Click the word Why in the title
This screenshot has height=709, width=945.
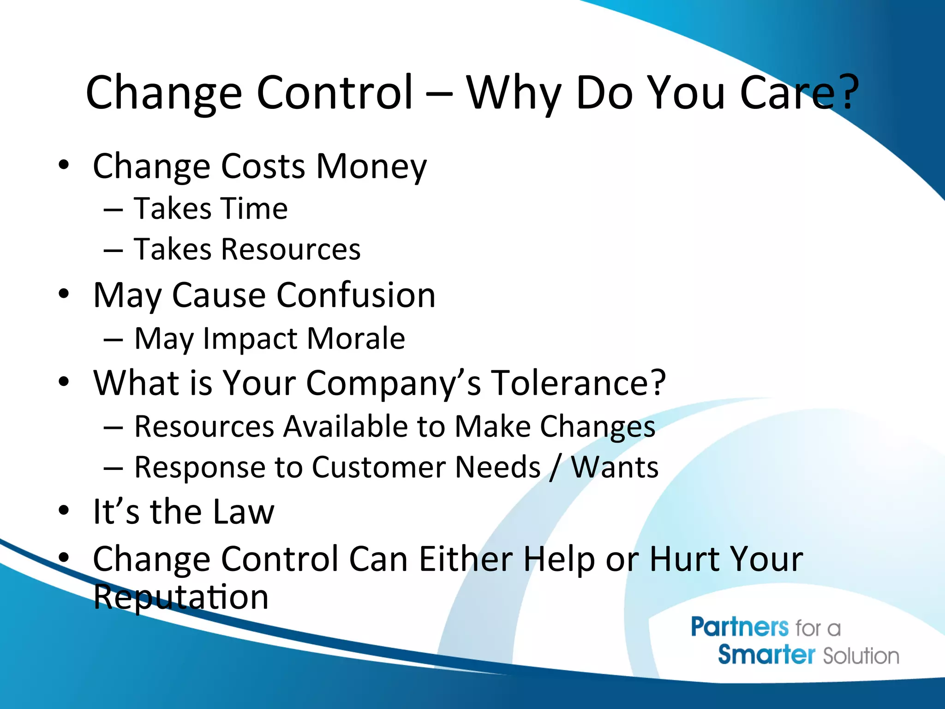point(514,94)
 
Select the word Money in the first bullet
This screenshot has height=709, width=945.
point(371,166)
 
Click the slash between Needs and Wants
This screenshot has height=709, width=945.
point(555,467)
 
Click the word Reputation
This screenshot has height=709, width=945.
point(180,597)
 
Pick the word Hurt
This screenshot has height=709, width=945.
point(683,559)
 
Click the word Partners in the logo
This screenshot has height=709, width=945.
point(739,627)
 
